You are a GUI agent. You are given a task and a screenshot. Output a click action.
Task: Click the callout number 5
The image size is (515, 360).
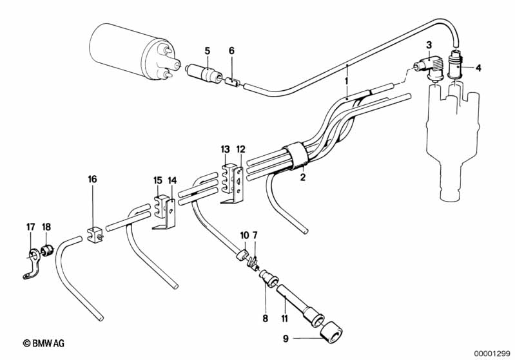click(x=208, y=51)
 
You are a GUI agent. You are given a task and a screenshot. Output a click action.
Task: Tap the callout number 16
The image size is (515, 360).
click(x=93, y=179)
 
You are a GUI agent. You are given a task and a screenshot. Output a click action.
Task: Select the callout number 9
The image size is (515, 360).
click(x=286, y=338)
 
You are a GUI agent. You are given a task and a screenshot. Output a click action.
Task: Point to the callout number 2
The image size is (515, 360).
click(x=303, y=177)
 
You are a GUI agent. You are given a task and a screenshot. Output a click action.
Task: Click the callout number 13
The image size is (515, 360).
click(x=226, y=149)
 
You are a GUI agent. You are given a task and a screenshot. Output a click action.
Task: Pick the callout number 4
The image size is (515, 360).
click(x=478, y=68)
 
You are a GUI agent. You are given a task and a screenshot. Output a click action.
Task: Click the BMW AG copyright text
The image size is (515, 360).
click(x=44, y=343)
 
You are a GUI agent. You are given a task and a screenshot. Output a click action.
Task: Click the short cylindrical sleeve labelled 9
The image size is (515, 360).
click(x=331, y=332)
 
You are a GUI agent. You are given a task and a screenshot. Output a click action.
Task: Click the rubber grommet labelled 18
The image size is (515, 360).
click(x=47, y=251)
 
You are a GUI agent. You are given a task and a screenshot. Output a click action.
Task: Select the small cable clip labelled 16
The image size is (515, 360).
click(x=95, y=234)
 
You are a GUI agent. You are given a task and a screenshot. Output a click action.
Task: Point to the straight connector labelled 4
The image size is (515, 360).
click(x=455, y=66)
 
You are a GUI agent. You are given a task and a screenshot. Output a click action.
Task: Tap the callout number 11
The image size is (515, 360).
click(x=284, y=318)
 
